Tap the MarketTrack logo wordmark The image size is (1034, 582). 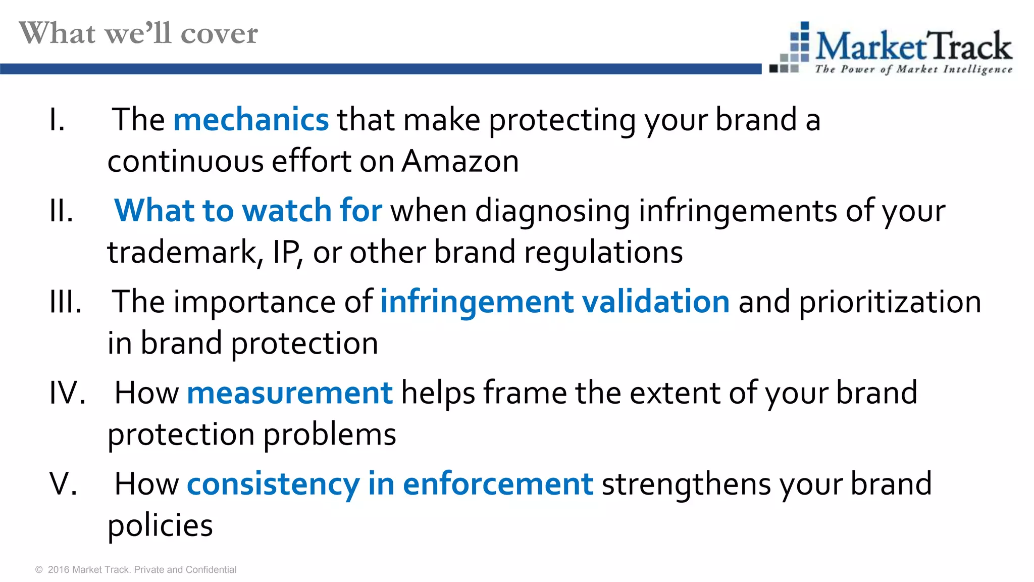coord(913,46)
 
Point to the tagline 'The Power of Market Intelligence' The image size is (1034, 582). coord(913,69)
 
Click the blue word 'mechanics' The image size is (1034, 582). coord(251,120)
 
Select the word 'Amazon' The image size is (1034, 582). coord(460,162)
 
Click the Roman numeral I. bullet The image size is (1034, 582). coord(58,120)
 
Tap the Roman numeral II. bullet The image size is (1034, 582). coord(62,211)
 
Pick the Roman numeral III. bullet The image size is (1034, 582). coord(66,302)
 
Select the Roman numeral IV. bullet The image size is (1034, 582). coord(67,393)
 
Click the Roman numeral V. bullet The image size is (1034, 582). coord(64,484)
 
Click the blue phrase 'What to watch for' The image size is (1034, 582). coord(248,211)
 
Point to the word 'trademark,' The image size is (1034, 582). coord(185,252)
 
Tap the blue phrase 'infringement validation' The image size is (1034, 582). coord(555,302)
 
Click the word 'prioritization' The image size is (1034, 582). coord(890,302)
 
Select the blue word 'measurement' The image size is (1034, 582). coord(289,393)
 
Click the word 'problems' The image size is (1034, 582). coord(330,434)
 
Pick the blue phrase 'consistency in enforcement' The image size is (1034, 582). coord(390,484)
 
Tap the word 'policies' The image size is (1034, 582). coord(160,525)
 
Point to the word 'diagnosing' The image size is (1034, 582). coord(552,211)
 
